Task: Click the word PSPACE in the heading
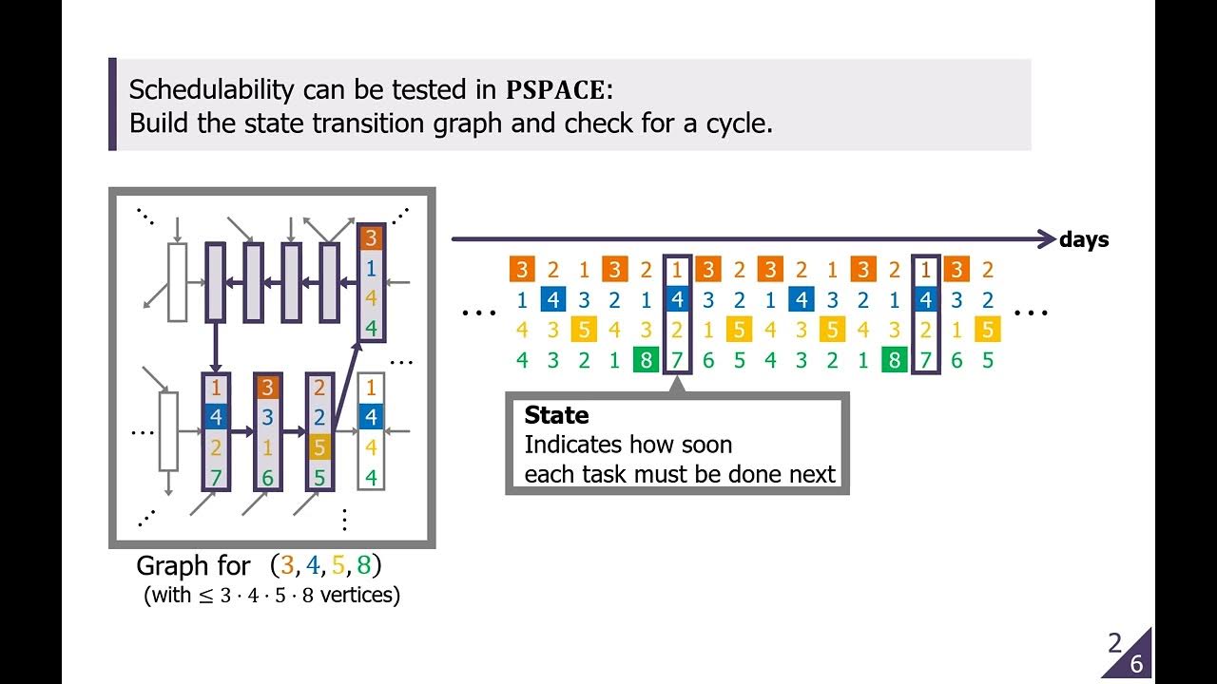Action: coord(555,90)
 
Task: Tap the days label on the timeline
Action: coord(1084,240)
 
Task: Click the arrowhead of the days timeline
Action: coord(1046,239)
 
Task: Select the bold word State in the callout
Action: coord(556,415)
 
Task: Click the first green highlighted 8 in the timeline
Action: coord(645,360)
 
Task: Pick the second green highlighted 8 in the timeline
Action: coord(893,360)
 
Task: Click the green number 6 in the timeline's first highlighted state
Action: coord(707,360)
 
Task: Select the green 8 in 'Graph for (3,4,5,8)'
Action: coord(361,566)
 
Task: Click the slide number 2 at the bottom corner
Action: coord(1114,644)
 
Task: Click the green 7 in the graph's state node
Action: coord(216,478)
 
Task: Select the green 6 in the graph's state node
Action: coord(267,478)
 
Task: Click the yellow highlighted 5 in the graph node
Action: coord(319,447)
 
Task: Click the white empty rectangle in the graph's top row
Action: coord(177,281)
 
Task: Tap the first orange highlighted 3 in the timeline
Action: coord(521,269)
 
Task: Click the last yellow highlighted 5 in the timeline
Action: coord(988,330)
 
